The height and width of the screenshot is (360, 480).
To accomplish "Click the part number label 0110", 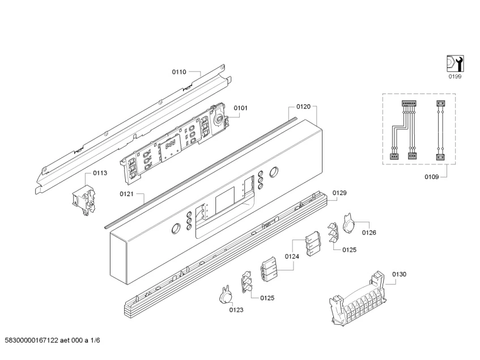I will click(179, 72).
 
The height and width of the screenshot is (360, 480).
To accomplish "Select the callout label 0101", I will click(241, 108).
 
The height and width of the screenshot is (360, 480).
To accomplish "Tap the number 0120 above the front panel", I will click(303, 106).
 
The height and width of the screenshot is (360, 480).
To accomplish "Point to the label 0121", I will click(127, 194).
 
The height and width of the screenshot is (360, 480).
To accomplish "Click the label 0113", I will click(100, 173).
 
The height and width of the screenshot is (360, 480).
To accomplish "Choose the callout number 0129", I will click(339, 193).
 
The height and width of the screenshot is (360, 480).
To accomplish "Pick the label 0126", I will click(369, 232).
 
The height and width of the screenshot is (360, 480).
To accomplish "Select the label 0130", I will click(400, 274).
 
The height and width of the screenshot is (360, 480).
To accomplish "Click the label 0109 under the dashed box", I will click(432, 177).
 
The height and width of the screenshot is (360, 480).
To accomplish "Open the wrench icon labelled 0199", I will click(454, 63).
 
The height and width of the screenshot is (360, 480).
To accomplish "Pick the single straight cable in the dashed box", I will click(438, 131).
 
